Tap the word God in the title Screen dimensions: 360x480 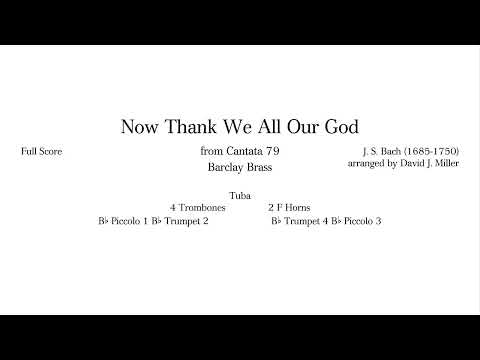340,127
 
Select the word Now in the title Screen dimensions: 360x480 137,127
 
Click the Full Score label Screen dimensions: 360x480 41,151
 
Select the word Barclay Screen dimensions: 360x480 225,168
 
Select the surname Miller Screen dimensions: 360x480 444,163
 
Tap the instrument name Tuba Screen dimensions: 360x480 240,195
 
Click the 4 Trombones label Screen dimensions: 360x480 198,207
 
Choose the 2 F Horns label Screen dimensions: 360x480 289,207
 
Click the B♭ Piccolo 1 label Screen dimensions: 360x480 124,220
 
